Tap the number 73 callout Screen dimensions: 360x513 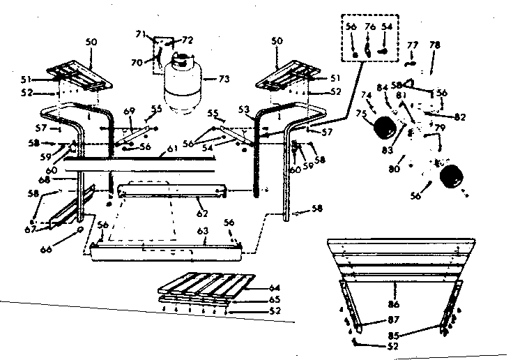point(222,79)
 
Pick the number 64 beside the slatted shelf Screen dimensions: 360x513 point(275,287)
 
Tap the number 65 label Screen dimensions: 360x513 point(275,299)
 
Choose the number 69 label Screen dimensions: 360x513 point(128,112)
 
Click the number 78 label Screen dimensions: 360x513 point(435,45)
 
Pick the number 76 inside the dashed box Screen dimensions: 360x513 point(370,27)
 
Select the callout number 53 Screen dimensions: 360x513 point(243,109)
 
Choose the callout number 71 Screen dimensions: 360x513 point(139,33)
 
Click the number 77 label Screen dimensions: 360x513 point(413,45)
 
